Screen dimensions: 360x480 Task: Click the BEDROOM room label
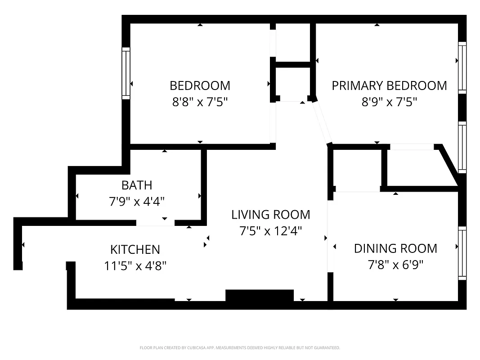(x=200, y=85)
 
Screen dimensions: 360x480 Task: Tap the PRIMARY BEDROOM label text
(x=389, y=85)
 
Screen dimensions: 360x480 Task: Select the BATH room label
(x=137, y=185)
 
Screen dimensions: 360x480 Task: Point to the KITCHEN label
(x=135, y=249)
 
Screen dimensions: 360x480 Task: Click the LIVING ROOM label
(x=270, y=215)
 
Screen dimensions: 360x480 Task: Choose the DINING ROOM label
(x=395, y=248)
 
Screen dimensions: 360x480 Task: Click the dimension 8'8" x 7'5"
(x=200, y=102)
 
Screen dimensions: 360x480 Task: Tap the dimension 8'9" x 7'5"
(x=389, y=102)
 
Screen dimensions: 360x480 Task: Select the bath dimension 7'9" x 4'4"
(x=137, y=201)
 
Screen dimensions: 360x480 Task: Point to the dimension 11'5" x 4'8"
(x=135, y=265)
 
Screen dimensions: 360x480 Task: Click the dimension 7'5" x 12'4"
(x=270, y=231)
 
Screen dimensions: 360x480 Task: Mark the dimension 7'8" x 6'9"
(x=395, y=265)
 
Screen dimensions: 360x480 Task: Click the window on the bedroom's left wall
(x=126, y=73)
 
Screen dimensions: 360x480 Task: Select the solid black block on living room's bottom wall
(x=259, y=296)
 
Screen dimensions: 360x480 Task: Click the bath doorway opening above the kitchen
(x=155, y=223)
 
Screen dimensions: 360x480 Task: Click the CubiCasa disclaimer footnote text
(x=240, y=348)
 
